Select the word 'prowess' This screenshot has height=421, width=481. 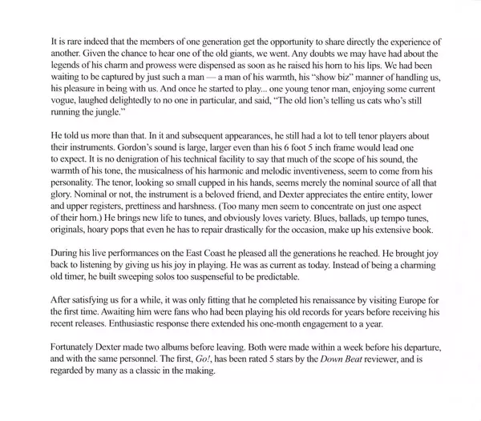click(x=139, y=66)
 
